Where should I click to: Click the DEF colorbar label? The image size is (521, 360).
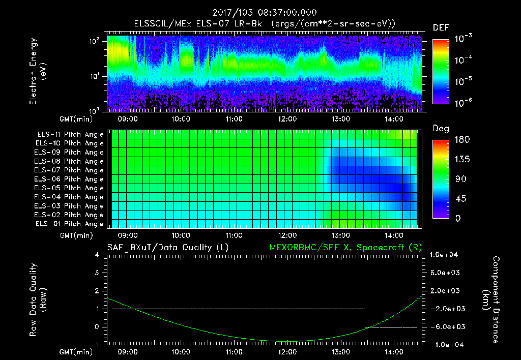pyautogui.click(x=441, y=28)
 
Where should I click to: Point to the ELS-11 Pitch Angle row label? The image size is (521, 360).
pyautogui.click(x=70, y=134)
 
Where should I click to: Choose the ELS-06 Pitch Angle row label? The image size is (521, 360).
pyautogui.click(x=70, y=179)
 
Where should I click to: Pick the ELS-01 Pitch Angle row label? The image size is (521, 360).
pyautogui.click(x=70, y=224)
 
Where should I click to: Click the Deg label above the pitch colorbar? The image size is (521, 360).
pyautogui.click(x=441, y=129)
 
